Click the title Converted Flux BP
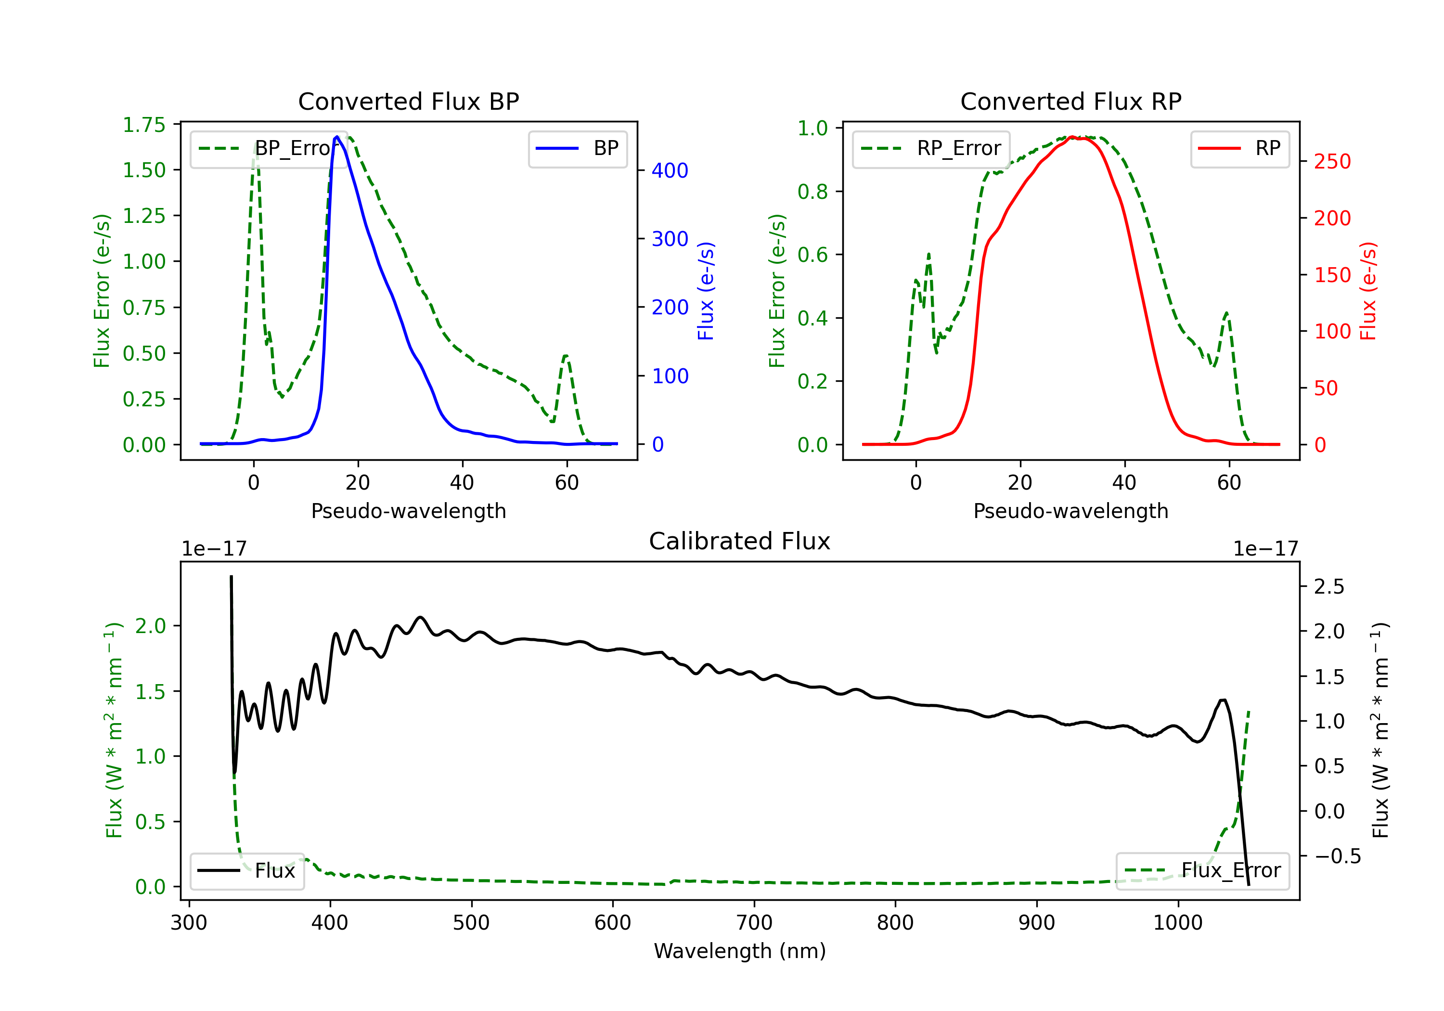pos(408,101)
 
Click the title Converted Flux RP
pos(1070,101)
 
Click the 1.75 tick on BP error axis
pos(144,125)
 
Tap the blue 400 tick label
pos(670,170)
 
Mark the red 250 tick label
pos(1332,162)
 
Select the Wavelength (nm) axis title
pos(740,951)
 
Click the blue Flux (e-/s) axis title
pos(706,291)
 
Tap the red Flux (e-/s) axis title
pos(1368,291)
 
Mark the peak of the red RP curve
pos(1071,137)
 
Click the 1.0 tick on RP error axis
pos(812,129)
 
